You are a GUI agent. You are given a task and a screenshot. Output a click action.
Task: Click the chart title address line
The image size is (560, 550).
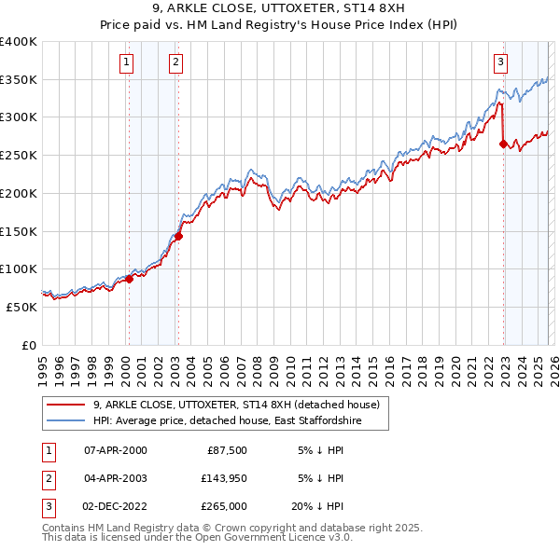coord(279,10)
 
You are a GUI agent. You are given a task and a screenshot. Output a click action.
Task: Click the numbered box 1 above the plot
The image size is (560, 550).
coord(126,62)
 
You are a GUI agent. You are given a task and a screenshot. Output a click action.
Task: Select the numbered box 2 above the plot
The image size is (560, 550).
coord(175,62)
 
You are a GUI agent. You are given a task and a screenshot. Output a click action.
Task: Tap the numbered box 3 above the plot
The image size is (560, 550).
coord(500,62)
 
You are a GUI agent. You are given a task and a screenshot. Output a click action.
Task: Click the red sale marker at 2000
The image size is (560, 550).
coord(129,279)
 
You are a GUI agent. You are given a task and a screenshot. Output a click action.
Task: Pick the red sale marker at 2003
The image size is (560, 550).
coord(178,236)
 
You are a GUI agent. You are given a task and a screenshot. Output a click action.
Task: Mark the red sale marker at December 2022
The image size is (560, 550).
coord(503,144)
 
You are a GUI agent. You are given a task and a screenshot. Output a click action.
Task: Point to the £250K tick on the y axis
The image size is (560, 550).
coord(19,156)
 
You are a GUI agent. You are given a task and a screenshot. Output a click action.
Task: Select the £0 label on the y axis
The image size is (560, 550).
coord(29,345)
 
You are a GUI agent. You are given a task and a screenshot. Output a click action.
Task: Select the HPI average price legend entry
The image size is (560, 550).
coord(226,421)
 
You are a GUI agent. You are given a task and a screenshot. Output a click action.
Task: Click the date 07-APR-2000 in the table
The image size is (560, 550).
coord(116,450)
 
